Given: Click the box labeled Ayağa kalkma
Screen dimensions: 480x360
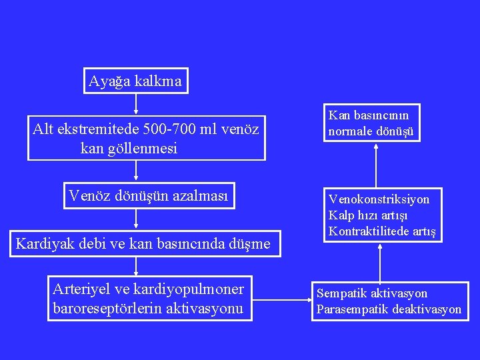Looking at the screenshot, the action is tap(135, 81).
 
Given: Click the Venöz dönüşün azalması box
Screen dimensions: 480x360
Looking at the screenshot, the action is tap(149, 196).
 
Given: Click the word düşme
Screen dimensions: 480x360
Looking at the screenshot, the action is tap(251, 244).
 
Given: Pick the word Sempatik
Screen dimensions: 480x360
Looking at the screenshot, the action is tap(341, 293).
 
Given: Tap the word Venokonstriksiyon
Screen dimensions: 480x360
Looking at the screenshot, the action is tap(379, 199).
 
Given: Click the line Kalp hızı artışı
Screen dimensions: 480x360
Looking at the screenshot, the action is tap(368, 215).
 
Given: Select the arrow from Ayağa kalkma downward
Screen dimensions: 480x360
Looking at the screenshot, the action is tap(135, 103).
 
